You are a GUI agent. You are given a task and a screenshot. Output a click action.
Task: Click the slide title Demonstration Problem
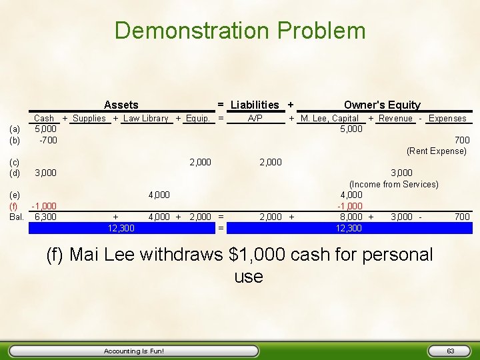(x=240, y=31)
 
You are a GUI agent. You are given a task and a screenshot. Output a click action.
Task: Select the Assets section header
(x=121, y=105)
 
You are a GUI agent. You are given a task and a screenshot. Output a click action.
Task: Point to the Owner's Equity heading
(x=382, y=105)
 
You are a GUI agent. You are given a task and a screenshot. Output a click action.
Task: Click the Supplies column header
(x=89, y=119)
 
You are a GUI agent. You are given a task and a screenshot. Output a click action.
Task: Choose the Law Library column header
(x=146, y=119)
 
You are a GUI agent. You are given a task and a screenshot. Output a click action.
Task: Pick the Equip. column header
(x=197, y=119)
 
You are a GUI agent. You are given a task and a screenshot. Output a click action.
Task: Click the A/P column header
(x=255, y=119)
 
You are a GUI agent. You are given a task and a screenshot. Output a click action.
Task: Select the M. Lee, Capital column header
(x=330, y=119)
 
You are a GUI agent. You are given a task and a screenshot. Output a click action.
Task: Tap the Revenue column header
(x=395, y=119)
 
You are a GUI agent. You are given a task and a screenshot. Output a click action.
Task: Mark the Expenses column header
(x=447, y=119)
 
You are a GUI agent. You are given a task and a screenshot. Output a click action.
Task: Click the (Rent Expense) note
(x=437, y=151)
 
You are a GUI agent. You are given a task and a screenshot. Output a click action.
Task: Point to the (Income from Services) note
(x=393, y=184)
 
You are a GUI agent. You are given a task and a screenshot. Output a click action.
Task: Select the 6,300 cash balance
(x=45, y=217)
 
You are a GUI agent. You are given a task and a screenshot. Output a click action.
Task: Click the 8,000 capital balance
(x=351, y=217)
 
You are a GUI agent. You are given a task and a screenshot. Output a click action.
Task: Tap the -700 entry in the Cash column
(x=48, y=140)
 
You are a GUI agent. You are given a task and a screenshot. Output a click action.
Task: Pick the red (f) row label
(x=14, y=206)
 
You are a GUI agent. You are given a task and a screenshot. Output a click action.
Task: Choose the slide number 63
(x=451, y=351)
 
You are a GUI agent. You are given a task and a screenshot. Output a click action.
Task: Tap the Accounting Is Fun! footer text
(x=134, y=351)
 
